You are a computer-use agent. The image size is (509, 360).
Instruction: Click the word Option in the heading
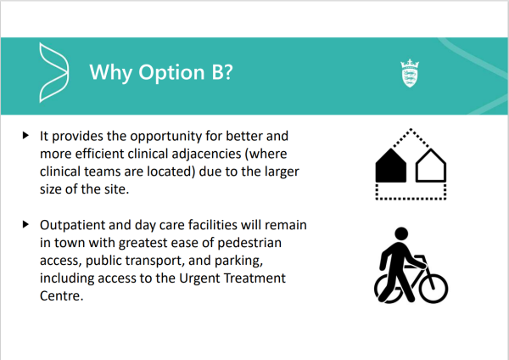click(171, 72)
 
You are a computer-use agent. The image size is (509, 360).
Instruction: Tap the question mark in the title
click(228, 71)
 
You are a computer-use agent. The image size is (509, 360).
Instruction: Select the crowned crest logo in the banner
click(410, 73)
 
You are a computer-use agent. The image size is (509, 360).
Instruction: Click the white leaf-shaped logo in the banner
click(53, 72)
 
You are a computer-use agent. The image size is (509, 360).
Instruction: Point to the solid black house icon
click(391, 166)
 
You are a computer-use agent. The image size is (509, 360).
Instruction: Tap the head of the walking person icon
click(401, 233)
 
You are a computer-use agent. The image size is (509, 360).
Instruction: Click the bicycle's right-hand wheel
click(433, 289)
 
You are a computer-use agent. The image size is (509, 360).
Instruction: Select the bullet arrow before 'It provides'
click(25, 135)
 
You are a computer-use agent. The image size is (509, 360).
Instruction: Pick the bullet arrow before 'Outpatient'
click(25, 224)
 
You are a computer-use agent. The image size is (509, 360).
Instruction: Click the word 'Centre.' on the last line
click(62, 295)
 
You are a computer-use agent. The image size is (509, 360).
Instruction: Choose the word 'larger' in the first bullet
click(282, 172)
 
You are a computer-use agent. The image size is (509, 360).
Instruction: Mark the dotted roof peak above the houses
click(411, 129)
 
